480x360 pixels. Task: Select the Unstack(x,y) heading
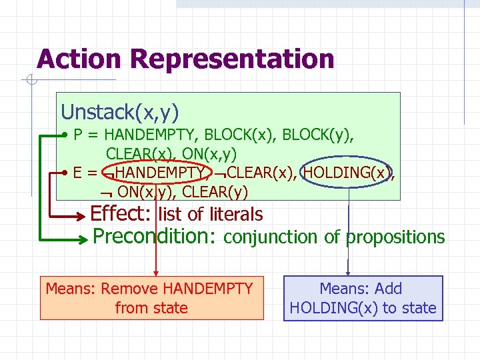pyautogui.click(x=119, y=111)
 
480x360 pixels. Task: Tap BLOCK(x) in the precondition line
pyautogui.click(x=241, y=135)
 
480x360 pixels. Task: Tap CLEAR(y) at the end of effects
pyautogui.click(x=215, y=193)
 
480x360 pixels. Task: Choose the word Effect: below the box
pyautogui.click(x=122, y=215)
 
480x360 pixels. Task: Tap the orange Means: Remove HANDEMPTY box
pyautogui.click(x=151, y=298)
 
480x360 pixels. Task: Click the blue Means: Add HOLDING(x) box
pyautogui.click(x=363, y=298)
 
